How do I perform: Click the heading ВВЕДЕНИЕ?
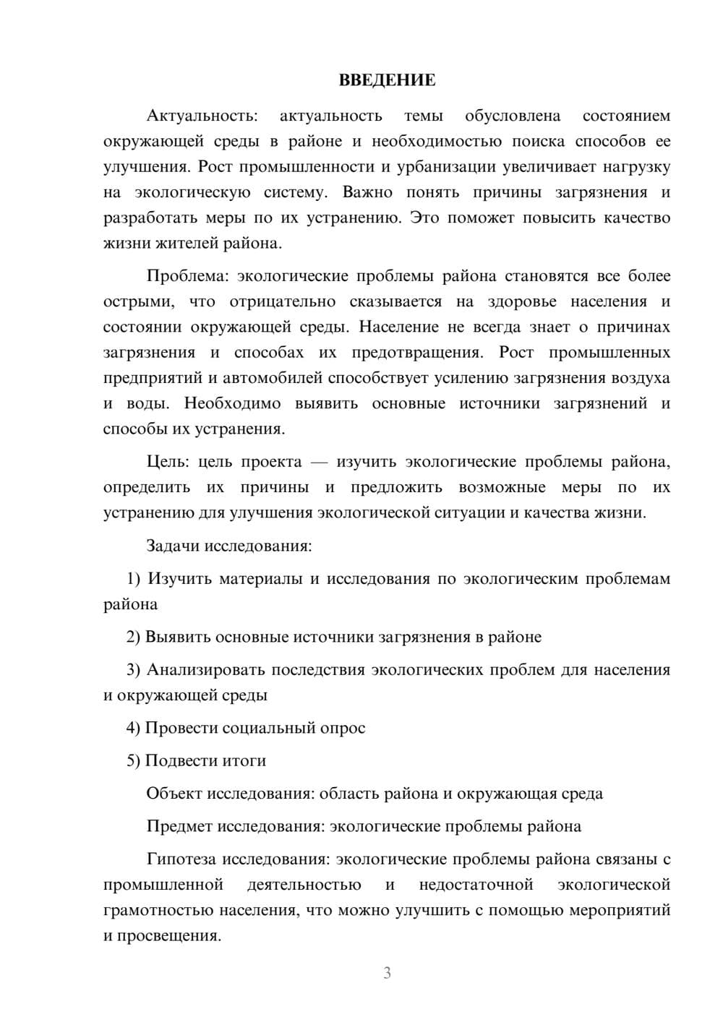tap(387, 80)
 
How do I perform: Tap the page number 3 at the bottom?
tap(387, 973)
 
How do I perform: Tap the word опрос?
tap(343, 729)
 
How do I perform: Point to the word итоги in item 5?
tap(244, 761)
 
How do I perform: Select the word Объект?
tap(174, 794)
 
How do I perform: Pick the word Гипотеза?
tap(181, 859)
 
